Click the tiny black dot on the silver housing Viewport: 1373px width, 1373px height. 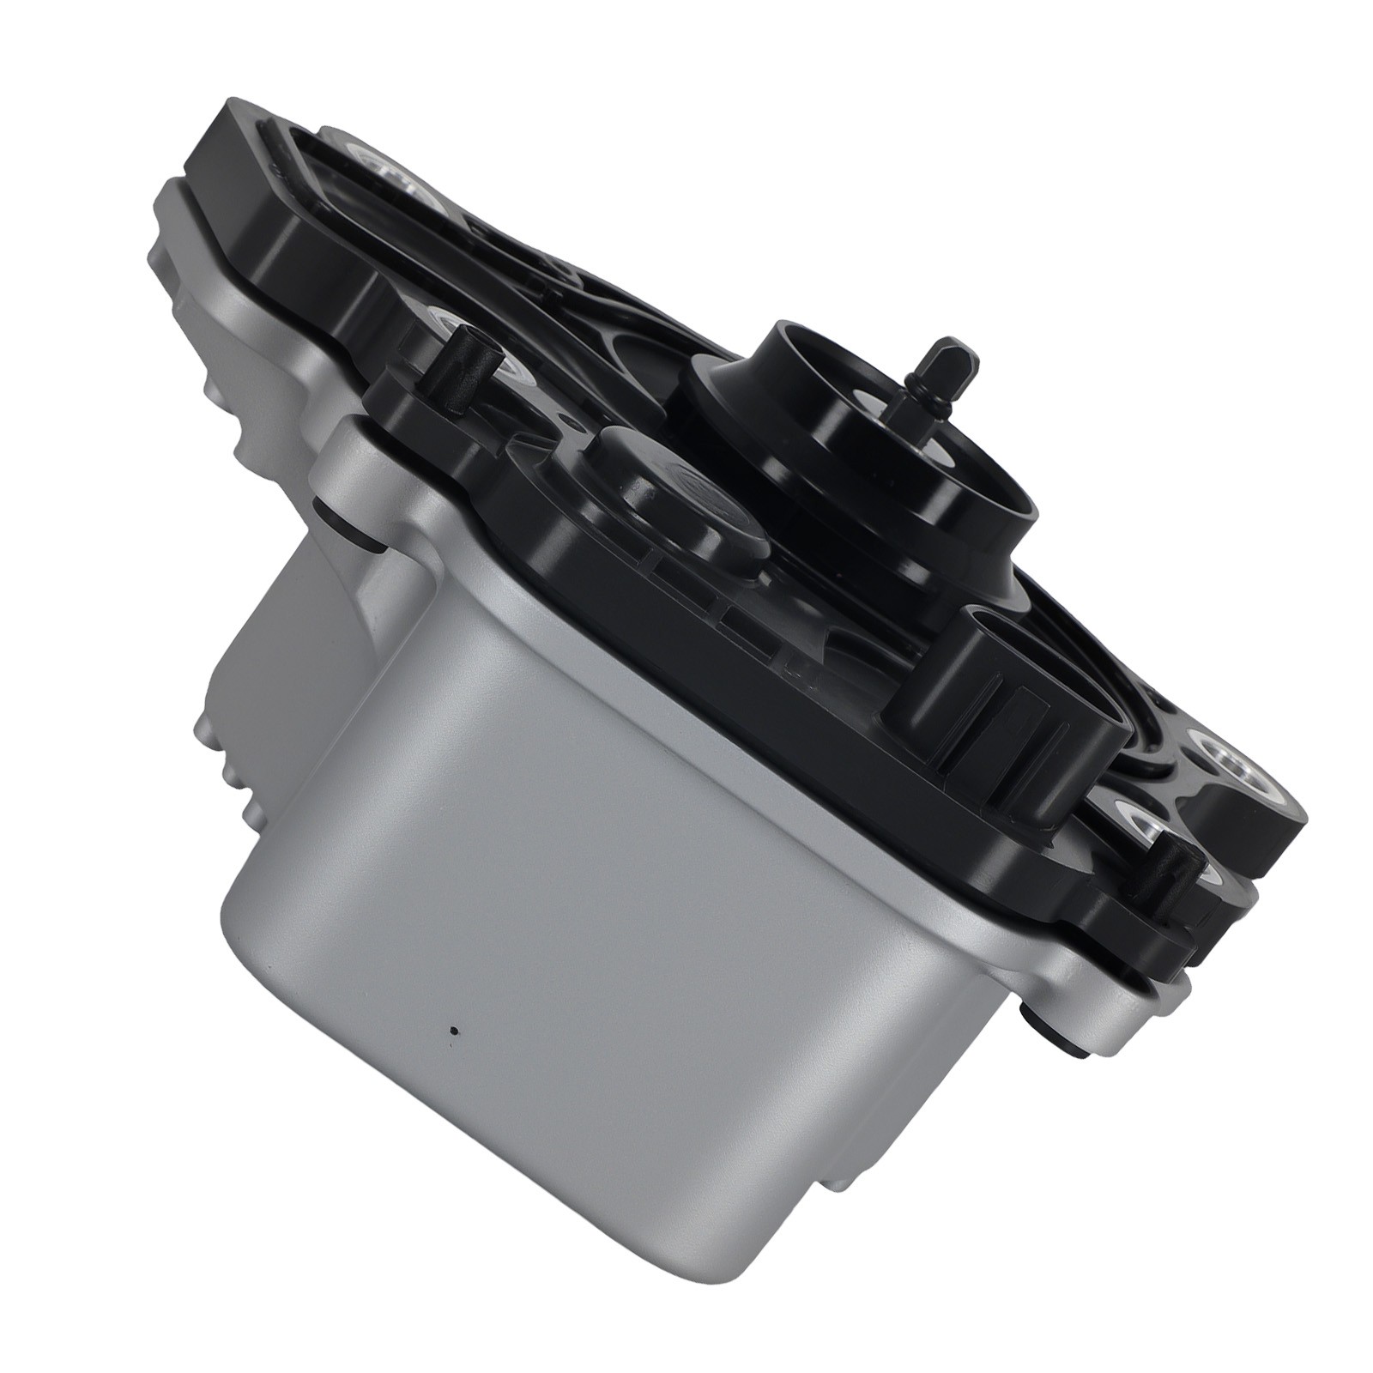click(x=453, y=1032)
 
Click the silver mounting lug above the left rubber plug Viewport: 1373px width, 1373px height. click(x=343, y=455)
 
